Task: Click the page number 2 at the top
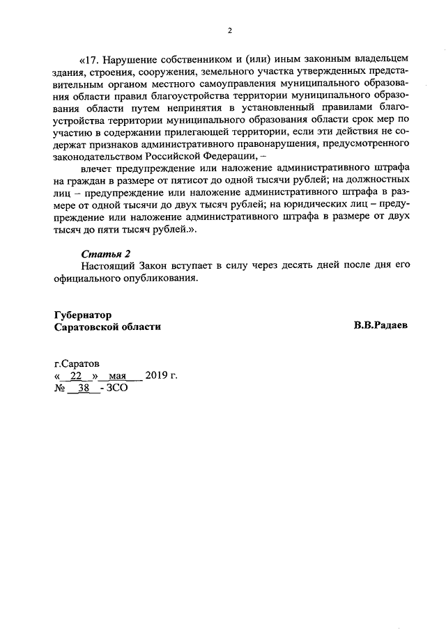pos(229,29)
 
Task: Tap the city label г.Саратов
pos(77,363)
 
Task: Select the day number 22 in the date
pos(77,377)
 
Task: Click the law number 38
pos(84,389)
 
